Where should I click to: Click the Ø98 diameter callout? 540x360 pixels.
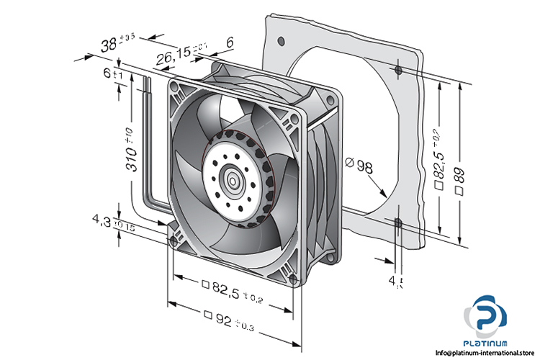[359, 166]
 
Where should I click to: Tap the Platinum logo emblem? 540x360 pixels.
[490, 315]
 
